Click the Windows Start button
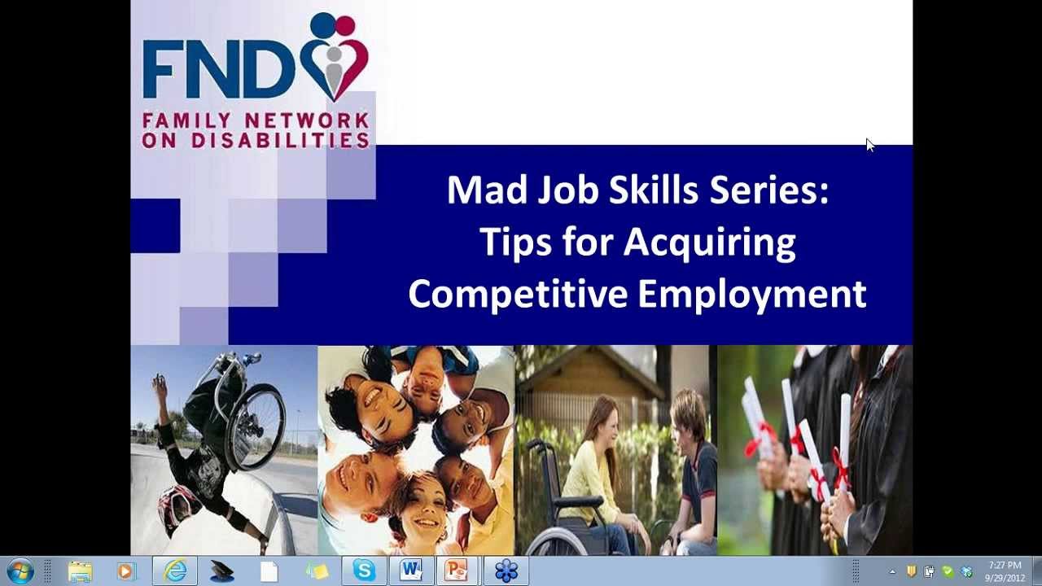(19, 571)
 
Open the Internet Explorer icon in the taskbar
(175, 571)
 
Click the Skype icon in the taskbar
(364, 571)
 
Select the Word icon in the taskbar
(409, 571)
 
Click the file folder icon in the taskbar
(80, 571)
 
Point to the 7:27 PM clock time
(1005, 565)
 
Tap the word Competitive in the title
(518, 294)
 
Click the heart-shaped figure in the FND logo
(335, 57)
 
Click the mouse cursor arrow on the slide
(869, 145)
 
